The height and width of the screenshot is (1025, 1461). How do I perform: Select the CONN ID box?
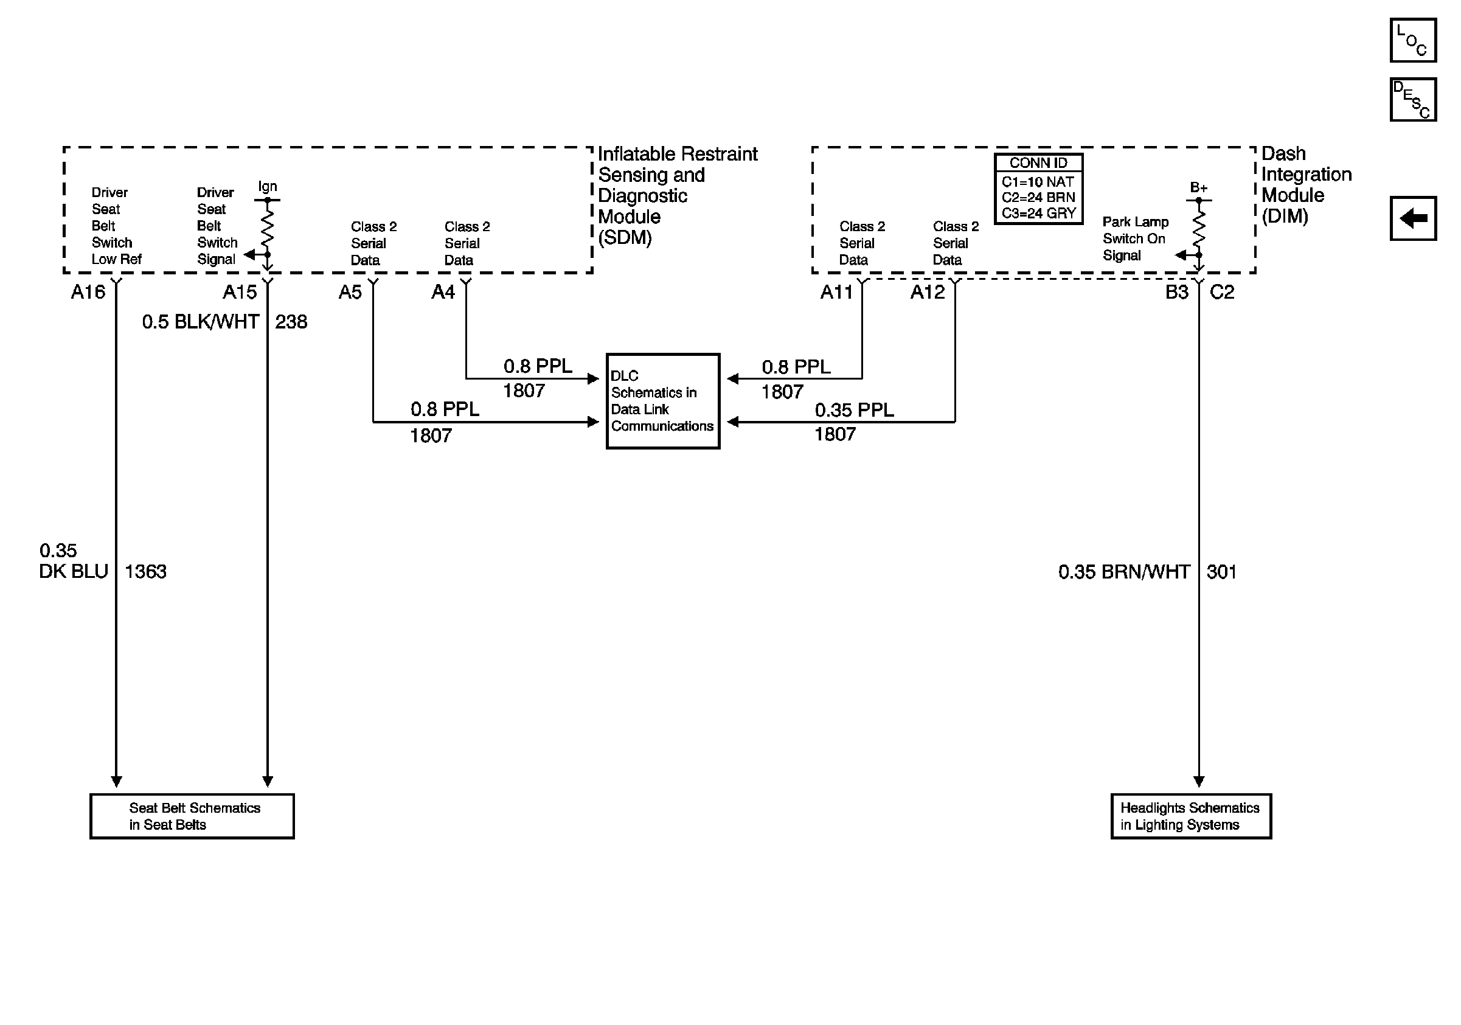[x=1038, y=189]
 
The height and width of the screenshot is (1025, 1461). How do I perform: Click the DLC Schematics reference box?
[x=662, y=401]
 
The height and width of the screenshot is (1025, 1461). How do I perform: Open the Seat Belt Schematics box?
[x=192, y=816]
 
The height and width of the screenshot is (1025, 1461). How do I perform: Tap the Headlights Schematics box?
[x=1190, y=816]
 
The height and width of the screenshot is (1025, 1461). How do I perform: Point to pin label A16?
[x=88, y=292]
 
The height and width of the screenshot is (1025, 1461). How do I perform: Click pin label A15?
[x=239, y=292]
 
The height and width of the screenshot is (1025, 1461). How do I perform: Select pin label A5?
[x=350, y=292]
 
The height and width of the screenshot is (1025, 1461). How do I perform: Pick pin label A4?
[x=443, y=292]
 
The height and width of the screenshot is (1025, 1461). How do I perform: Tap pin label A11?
[x=836, y=292]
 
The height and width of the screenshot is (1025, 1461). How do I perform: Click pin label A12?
[x=927, y=292]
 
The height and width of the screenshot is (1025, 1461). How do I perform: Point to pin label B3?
[x=1176, y=292]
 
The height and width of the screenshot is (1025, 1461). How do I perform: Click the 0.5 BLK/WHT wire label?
[x=201, y=322]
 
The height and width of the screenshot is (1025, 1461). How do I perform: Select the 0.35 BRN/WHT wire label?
[x=1124, y=572]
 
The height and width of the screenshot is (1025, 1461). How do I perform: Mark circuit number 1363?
[x=145, y=572]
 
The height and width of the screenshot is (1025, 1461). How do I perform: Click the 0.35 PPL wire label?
[x=854, y=411]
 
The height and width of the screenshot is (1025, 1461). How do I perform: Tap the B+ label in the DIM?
[x=1198, y=188]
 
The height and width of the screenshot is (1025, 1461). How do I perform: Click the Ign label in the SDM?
[x=267, y=186]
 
